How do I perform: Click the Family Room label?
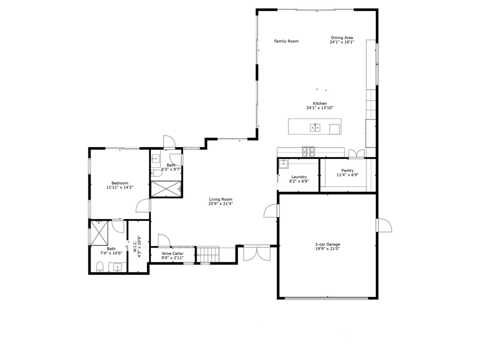click(x=286, y=41)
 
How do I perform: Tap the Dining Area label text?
click(x=342, y=38)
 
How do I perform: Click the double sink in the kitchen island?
click(x=315, y=127)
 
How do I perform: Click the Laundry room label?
click(x=299, y=176)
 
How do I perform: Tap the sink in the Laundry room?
click(x=284, y=163)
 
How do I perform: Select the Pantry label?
click(x=347, y=170)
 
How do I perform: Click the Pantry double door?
click(x=355, y=153)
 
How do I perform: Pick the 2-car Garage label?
click(x=327, y=244)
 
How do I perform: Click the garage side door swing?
click(x=384, y=225)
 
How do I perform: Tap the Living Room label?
click(x=220, y=199)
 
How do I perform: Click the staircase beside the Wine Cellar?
click(x=208, y=255)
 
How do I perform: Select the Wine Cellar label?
click(x=172, y=254)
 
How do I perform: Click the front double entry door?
click(x=255, y=253)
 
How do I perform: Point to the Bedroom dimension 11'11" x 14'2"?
click(x=120, y=187)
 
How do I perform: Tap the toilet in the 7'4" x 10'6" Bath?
click(x=100, y=265)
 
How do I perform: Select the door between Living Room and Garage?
click(x=271, y=211)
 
